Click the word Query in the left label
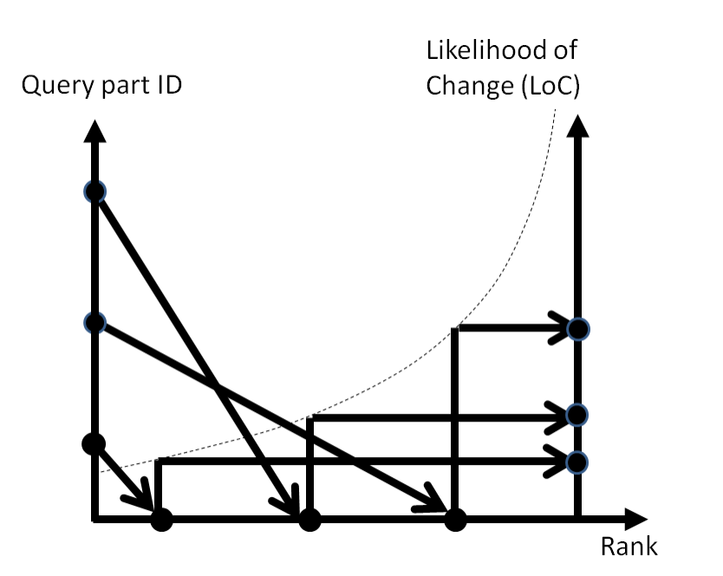click(51, 88)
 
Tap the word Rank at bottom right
click(629, 547)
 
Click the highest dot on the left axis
click(94, 192)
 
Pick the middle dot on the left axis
click(94, 323)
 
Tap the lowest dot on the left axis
click(93, 443)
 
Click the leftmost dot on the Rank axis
click(161, 520)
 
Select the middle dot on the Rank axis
click(309, 520)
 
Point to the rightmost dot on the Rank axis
click(454, 520)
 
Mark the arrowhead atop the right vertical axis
click(578, 127)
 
